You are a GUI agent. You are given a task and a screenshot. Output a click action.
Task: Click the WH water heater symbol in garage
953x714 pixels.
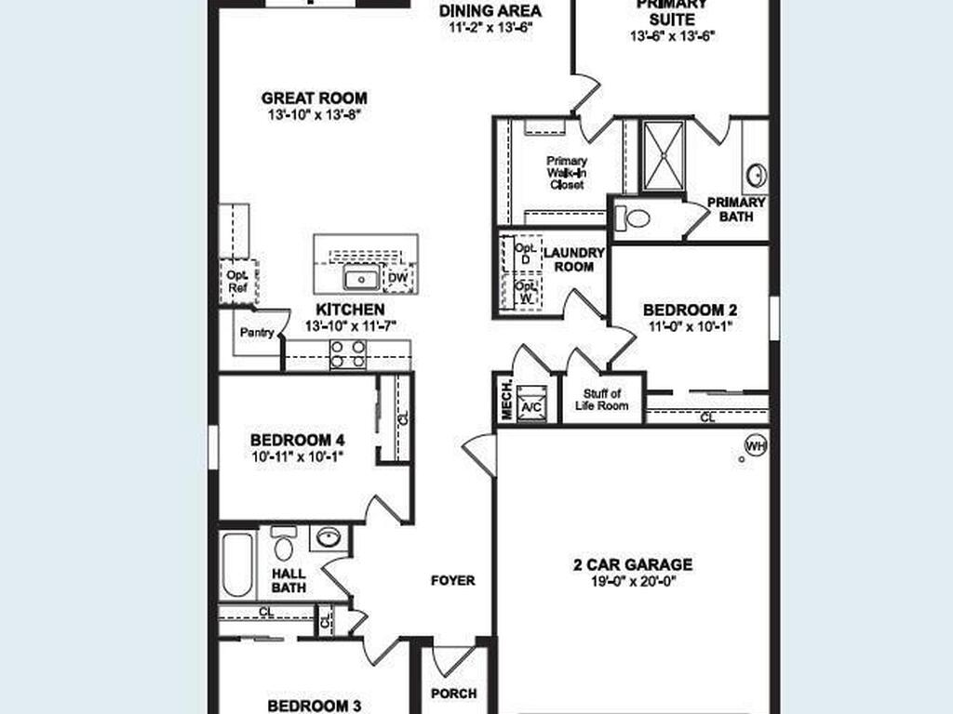[756, 446]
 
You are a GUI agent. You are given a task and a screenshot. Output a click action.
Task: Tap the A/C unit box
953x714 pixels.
[531, 401]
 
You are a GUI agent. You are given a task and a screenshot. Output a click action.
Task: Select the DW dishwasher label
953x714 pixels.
[397, 277]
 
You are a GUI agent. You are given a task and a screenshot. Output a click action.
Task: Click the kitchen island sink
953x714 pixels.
[360, 278]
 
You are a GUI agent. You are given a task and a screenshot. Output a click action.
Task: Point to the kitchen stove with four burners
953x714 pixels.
[348, 354]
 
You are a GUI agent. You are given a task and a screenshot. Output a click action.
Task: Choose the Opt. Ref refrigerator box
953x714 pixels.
[238, 282]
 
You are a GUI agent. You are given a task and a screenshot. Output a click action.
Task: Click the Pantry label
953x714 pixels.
[256, 332]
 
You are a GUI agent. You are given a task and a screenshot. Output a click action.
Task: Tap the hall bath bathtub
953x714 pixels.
[237, 563]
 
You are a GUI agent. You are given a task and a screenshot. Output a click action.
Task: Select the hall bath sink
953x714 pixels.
[328, 537]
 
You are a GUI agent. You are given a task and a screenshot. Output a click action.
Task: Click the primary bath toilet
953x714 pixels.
[633, 218]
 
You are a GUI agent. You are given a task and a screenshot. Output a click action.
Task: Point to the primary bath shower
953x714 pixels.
[664, 155]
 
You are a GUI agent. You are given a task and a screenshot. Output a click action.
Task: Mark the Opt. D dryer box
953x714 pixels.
[524, 254]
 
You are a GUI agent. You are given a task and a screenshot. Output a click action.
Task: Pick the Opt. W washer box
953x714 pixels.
[524, 292]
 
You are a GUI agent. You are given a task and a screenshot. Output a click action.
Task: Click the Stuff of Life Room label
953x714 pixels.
[602, 400]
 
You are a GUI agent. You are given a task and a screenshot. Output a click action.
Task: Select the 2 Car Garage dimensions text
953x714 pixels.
[632, 582]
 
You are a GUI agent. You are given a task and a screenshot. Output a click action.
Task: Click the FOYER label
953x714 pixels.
[452, 580]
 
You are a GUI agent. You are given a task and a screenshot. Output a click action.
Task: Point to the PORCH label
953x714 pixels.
[454, 694]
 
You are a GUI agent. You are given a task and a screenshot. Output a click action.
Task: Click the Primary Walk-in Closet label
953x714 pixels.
[566, 173]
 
